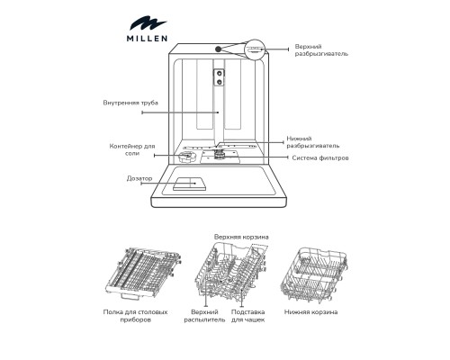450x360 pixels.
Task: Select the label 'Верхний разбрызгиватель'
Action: coord(321,49)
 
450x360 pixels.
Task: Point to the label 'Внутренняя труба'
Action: coord(131,103)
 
